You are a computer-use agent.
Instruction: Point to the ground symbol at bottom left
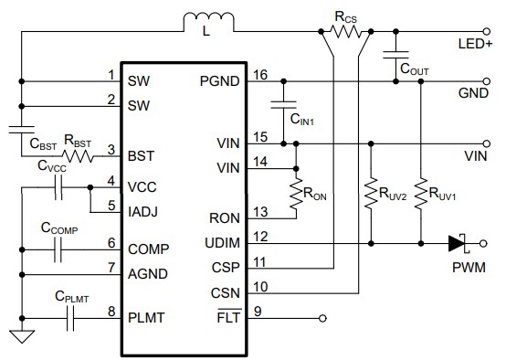(20, 336)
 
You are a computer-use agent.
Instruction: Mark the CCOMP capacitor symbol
(59, 244)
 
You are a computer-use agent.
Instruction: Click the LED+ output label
(478, 43)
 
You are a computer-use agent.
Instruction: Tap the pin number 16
(260, 75)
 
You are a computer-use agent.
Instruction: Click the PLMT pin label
(146, 316)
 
